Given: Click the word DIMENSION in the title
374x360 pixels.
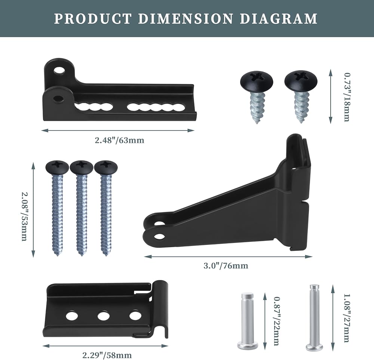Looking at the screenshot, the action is pyautogui.click(x=185, y=19).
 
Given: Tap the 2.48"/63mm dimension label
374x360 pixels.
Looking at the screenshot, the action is pyautogui.click(x=120, y=140).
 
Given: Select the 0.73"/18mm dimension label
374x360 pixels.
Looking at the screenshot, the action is pyautogui.click(x=347, y=97).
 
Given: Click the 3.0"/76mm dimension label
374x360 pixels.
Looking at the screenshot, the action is pyautogui.click(x=226, y=265).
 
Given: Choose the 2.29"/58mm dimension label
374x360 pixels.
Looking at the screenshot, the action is pyautogui.click(x=107, y=355).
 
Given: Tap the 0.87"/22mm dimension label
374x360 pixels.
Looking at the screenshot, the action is pyautogui.click(x=276, y=321).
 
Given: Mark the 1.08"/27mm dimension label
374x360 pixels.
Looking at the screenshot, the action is pyautogui.click(x=346, y=318).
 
